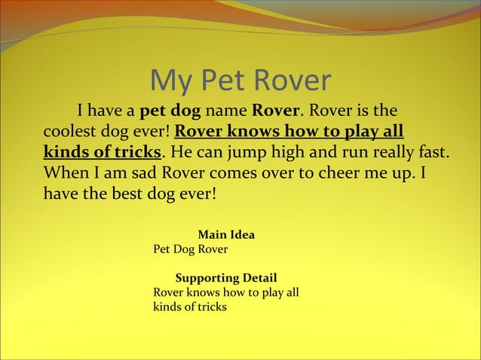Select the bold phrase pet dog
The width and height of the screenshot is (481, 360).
click(x=170, y=110)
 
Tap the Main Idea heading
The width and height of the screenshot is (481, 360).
click(x=225, y=235)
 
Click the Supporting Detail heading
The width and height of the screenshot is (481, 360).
click(x=225, y=278)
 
